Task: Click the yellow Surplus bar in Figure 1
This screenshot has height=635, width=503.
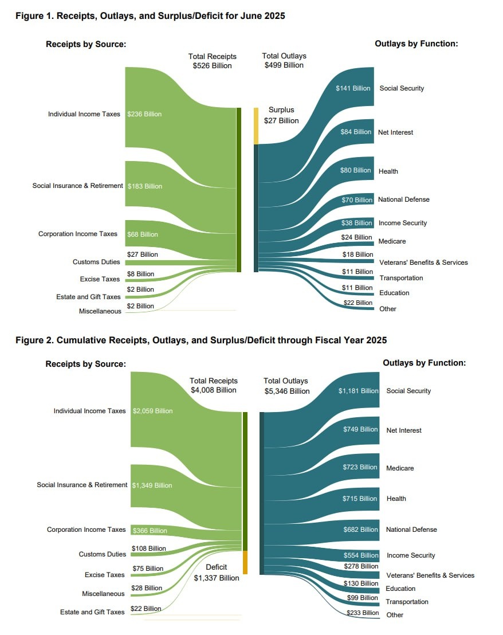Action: point(256,126)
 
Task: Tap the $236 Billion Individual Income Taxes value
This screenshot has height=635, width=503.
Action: point(144,114)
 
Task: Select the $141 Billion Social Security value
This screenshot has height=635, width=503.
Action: point(353,88)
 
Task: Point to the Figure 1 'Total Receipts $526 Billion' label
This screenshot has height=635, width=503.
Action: point(213,61)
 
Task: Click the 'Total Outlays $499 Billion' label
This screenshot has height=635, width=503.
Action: point(284,61)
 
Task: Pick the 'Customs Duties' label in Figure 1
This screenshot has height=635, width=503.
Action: point(96,262)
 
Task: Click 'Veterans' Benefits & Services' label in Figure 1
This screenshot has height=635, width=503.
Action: point(423,262)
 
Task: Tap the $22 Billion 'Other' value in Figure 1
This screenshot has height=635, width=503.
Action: point(358,303)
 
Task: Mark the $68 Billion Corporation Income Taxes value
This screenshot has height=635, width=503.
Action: point(143,234)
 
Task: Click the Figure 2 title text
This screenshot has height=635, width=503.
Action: point(201,340)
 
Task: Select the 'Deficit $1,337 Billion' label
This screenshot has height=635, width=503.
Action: point(217,573)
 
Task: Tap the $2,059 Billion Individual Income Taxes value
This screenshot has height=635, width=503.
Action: point(152,411)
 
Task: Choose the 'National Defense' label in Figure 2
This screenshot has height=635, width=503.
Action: point(411,530)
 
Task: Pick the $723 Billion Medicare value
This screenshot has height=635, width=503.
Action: point(360,467)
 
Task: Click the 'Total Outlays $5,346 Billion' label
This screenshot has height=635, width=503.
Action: point(286,386)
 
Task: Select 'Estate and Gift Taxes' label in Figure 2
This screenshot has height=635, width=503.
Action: point(92,612)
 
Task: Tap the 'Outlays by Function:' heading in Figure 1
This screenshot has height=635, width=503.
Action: point(416,44)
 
